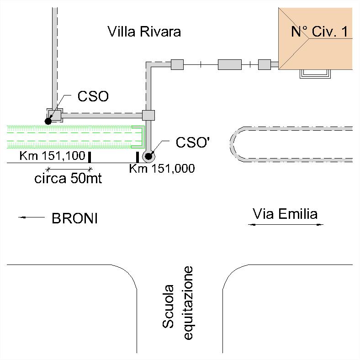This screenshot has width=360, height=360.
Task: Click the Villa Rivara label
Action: [144, 32]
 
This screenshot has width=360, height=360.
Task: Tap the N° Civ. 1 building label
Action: [320, 32]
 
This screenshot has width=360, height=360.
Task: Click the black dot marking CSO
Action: [48, 121]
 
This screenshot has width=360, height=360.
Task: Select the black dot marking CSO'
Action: [148, 157]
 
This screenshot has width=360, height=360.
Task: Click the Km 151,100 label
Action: [52, 156]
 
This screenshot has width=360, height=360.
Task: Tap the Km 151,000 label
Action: [162, 169]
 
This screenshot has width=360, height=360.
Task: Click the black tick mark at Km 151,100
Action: [90, 157]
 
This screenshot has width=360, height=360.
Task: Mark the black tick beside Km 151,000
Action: [138, 157]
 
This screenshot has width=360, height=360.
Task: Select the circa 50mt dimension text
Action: [68, 178]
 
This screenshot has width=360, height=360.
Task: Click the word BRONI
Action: [74, 219]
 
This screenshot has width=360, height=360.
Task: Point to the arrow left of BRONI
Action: [30, 218]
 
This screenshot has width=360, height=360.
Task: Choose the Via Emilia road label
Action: [285, 213]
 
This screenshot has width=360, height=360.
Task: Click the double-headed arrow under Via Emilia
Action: [286, 225]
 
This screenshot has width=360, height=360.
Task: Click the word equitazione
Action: [189, 303]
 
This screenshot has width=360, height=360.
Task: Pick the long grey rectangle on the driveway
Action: [229, 64]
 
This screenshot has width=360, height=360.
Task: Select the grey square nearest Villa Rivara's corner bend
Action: [177, 64]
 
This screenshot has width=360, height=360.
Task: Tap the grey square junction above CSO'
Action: [149, 115]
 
